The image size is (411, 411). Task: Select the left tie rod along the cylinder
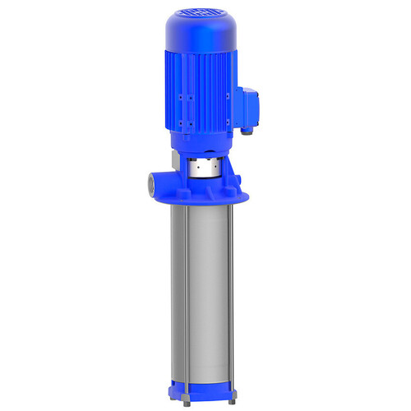(x=187, y=288)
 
